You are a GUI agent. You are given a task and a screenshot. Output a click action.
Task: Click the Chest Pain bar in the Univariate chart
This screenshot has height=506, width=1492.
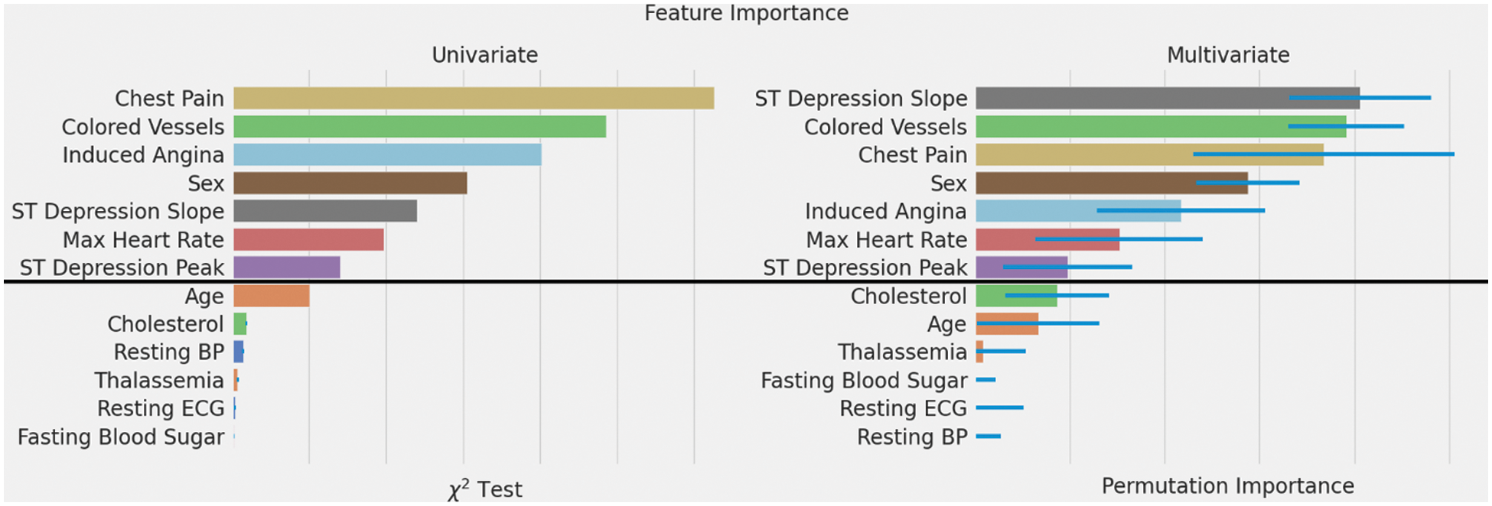473,99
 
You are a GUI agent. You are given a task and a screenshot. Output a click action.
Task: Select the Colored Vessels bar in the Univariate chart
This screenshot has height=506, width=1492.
419,127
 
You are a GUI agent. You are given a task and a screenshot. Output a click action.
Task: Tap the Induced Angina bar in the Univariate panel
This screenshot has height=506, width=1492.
387,155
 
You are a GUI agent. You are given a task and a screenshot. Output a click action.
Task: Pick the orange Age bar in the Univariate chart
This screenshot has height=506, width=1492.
271,296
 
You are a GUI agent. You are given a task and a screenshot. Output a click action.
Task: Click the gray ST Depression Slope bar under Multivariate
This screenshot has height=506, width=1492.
1132,99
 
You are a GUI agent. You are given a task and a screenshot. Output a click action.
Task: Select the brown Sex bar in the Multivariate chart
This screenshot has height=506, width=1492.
1086,183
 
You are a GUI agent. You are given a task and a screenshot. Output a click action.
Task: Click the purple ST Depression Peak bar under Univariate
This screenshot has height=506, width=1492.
286,268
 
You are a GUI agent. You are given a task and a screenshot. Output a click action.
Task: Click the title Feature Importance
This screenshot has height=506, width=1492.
746,13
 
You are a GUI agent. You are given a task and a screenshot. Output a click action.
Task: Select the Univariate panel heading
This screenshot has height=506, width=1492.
484,55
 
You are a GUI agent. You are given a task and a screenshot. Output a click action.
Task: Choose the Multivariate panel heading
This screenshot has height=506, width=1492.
1227,55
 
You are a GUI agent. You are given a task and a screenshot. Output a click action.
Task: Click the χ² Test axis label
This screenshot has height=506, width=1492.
485,489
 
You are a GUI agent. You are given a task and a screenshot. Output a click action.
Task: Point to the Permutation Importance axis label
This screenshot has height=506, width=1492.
1227,486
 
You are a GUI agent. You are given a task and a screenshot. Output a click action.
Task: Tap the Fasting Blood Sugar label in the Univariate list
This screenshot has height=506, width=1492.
121,437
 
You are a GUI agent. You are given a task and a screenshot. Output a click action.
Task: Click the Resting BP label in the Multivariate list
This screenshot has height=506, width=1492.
912,437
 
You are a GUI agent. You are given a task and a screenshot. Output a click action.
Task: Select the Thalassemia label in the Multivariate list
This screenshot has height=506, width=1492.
902,352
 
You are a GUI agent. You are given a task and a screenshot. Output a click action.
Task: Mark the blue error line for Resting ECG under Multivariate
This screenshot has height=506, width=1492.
999,408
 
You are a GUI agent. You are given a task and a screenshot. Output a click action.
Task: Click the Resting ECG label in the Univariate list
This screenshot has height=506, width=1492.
161,409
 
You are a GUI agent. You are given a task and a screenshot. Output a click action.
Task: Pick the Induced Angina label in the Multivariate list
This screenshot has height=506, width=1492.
885,212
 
